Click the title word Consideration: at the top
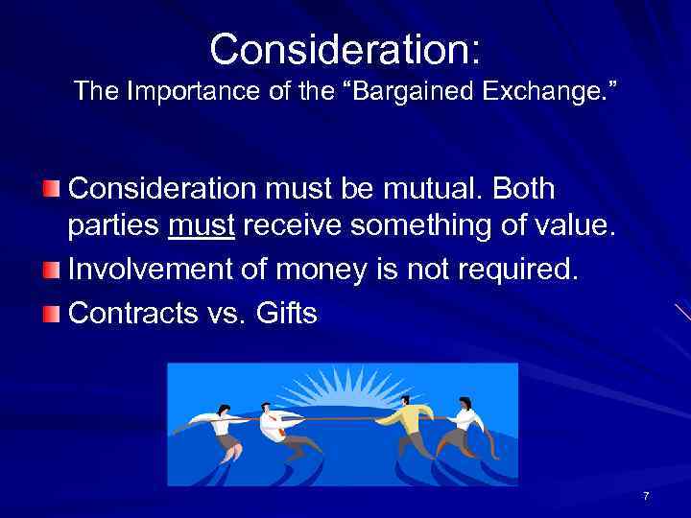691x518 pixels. pyautogui.click(x=345, y=48)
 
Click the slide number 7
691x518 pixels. pyautogui.click(x=646, y=496)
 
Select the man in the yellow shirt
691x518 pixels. pyautogui.click(x=407, y=422)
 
